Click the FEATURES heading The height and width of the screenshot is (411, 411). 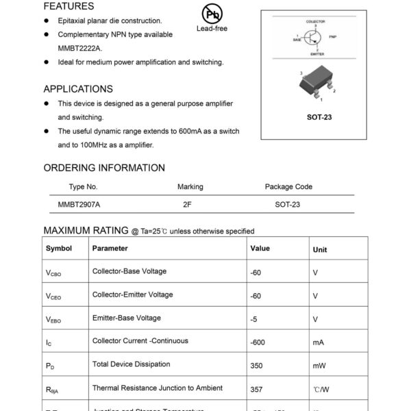[68, 6]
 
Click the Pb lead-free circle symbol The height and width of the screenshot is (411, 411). [212, 14]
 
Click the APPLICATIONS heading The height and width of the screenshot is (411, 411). [78, 89]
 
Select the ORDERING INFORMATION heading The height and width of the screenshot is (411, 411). [104, 168]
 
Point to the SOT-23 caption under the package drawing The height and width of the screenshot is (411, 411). [319, 117]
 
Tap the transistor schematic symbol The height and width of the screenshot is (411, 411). [314, 38]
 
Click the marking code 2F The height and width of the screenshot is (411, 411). [187, 204]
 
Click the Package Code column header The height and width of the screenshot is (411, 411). [288, 186]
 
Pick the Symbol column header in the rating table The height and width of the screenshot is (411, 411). [59, 249]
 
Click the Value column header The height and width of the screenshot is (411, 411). [260, 249]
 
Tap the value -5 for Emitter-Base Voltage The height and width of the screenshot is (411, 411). [254, 319]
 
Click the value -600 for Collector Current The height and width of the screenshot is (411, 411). [258, 342]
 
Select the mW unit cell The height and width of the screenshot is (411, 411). [319, 366]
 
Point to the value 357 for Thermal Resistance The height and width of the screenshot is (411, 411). [257, 388]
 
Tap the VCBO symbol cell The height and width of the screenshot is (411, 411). [53, 273]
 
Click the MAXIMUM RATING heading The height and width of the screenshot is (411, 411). [86, 230]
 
